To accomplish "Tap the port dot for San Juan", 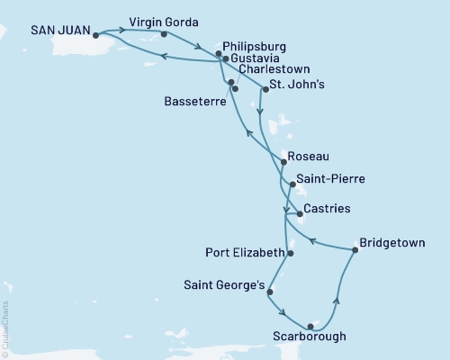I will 96,36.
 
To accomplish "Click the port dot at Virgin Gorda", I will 163,34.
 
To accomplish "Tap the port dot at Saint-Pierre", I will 291,185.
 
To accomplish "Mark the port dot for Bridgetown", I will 355,251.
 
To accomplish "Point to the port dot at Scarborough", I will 310,326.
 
